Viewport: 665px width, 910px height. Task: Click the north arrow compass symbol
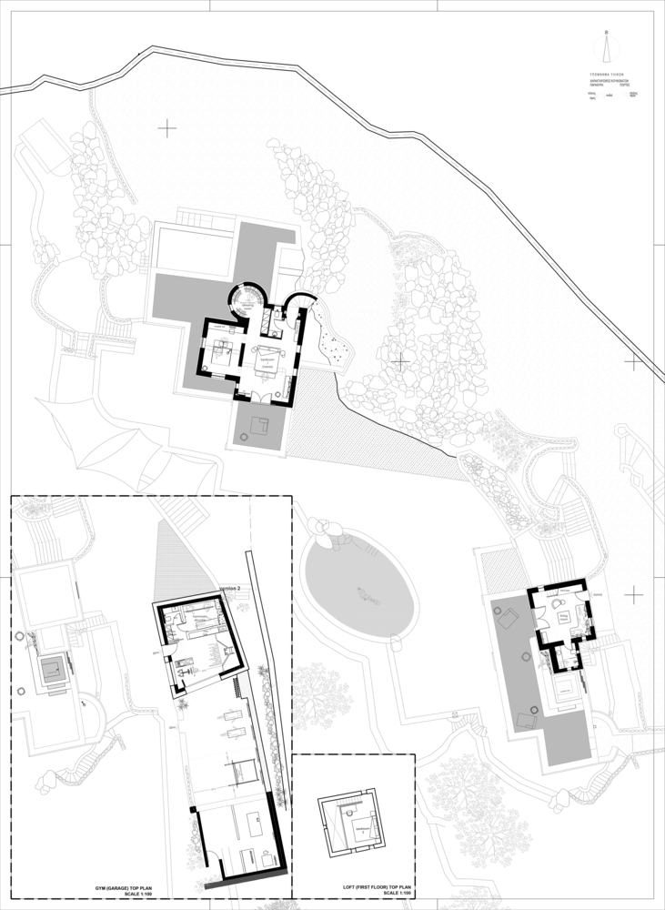(x=607, y=45)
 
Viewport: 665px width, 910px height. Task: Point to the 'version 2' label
(x=231, y=590)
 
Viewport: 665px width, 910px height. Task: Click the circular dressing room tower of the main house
(x=246, y=299)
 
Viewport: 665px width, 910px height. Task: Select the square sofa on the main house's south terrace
(x=261, y=425)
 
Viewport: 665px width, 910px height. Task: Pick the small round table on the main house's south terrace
(x=246, y=439)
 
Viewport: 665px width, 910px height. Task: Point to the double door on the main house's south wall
(x=267, y=397)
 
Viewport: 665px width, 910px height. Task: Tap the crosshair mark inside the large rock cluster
(x=400, y=361)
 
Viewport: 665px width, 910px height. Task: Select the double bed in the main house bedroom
(x=221, y=354)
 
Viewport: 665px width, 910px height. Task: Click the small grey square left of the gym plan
(x=51, y=672)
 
